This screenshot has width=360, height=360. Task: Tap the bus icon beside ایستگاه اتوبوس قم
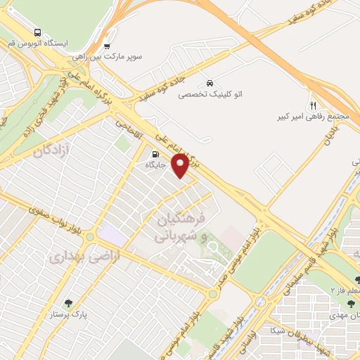(37, 32)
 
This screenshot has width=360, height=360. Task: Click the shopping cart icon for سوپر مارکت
(106, 46)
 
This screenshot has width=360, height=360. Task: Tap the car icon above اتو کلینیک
(210, 81)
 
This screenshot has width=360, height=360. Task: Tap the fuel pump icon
(154, 153)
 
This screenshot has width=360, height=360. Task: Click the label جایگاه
(154, 165)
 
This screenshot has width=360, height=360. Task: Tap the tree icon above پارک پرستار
(68, 304)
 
